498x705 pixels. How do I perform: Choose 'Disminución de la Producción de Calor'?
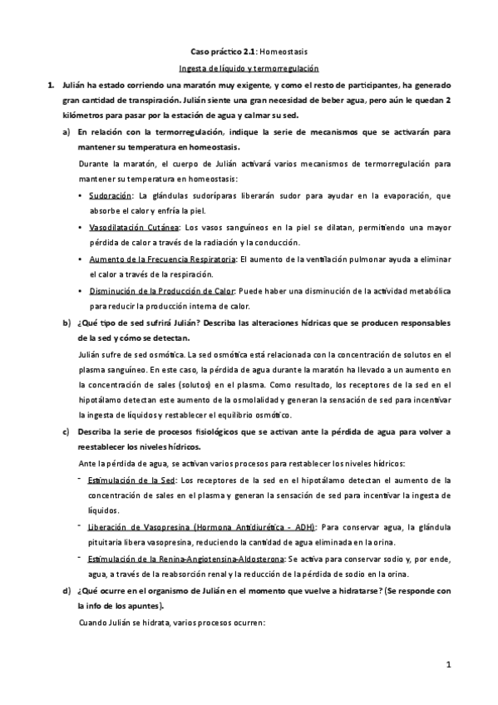pos(163,291)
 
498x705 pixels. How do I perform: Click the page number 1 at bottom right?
pos(447,665)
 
